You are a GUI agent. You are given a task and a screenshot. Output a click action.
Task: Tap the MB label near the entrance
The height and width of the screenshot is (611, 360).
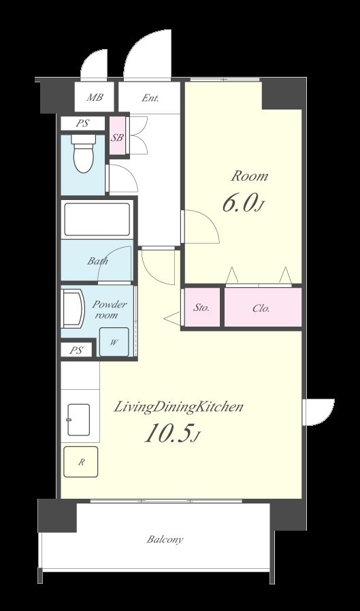(x=95, y=97)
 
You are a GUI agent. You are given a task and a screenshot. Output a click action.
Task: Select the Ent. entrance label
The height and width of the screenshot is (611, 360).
(x=150, y=98)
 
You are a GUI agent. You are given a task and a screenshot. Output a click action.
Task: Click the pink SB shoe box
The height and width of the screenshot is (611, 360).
(x=117, y=137)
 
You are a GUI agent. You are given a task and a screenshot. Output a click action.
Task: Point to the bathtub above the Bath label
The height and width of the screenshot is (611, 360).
(x=97, y=219)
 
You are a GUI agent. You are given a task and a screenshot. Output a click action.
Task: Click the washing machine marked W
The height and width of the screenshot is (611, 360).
(x=114, y=342)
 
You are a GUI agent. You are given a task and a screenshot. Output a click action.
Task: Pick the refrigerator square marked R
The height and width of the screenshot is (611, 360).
(x=81, y=462)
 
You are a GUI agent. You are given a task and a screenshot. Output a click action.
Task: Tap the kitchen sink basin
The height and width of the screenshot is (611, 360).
(x=78, y=420)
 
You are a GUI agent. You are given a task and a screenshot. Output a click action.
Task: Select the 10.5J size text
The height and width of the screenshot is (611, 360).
(x=172, y=433)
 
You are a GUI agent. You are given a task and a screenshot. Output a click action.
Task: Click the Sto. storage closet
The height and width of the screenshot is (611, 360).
(x=201, y=308)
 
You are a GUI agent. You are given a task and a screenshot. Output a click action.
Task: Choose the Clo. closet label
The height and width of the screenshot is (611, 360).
(x=261, y=309)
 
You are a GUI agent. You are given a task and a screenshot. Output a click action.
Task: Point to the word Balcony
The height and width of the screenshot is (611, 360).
(x=165, y=540)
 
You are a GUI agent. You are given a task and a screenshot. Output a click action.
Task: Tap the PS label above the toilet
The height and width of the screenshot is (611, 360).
(x=82, y=124)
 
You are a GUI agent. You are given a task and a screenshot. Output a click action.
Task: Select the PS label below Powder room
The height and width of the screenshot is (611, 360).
(x=76, y=350)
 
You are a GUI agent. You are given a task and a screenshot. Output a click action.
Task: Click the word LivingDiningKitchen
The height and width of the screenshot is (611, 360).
(x=178, y=408)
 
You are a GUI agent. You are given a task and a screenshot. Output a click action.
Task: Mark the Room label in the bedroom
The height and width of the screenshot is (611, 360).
(x=250, y=176)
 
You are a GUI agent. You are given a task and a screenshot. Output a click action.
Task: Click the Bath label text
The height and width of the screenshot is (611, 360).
(x=97, y=261)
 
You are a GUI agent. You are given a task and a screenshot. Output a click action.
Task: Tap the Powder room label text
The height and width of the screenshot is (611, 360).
(x=109, y=310)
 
